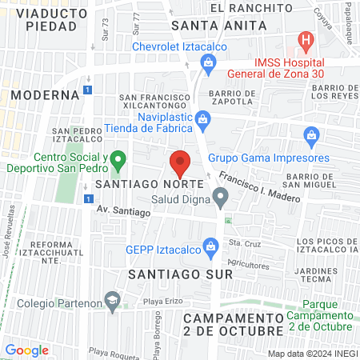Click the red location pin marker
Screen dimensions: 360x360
point(180,162)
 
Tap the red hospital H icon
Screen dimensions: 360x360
point(305,39)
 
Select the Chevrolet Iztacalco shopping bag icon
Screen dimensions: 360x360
point(208,62)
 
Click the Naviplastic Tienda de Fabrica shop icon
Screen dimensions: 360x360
point(203,120)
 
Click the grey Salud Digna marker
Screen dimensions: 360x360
point(220,197)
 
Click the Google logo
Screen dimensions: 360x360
point(27,350)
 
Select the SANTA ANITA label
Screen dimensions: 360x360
point(208,25)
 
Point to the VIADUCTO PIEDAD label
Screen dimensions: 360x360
point(46,19)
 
